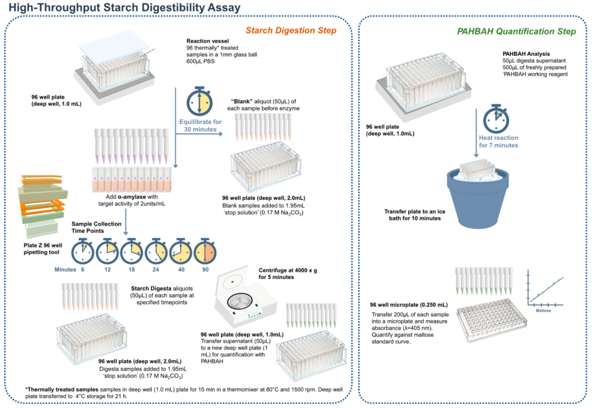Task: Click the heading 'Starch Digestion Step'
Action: pyautogui.click(x=291, y=31)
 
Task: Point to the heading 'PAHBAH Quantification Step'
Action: pyautogui.click(x=516, y=32)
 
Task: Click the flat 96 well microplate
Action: pyautogui.click(x=495, y=323)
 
